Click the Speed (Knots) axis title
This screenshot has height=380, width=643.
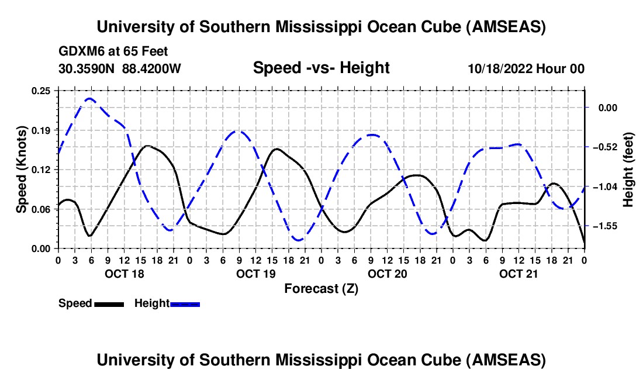tap(22, 169)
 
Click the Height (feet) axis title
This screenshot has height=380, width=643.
tap(629, 169)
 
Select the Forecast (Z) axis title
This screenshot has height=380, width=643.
tap(321, 288)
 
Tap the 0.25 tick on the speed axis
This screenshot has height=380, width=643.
tap(41, 91)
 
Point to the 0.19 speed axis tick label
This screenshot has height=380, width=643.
tap(41, 130)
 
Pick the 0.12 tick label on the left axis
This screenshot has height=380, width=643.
tap(41, 170)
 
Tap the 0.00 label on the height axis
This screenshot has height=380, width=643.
tap(607, 108)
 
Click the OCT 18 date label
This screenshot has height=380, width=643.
tap(123, 274)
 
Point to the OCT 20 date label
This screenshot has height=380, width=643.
tap(387, 274)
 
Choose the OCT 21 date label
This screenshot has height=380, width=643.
tap(518, 274)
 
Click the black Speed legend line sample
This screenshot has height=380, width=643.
tap(109, 304)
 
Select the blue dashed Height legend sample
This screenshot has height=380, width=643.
tap(185, 304)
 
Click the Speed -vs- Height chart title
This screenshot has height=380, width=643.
tap(321, 68)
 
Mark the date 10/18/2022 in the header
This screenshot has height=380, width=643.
tap(499, 69)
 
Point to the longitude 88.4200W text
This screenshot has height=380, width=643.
tap(152, 68)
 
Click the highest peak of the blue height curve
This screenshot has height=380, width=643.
tap(89, 99)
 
